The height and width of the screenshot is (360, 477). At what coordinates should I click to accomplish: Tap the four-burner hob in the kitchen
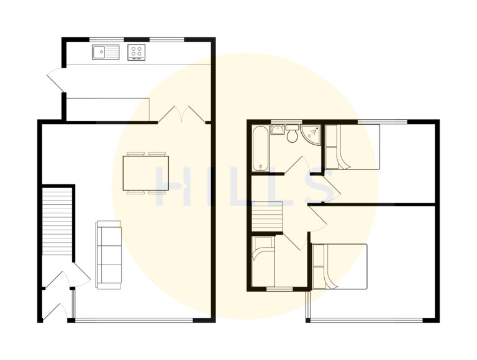[x=137, y=53]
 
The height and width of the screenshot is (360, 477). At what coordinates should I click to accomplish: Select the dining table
[x=146, y=173]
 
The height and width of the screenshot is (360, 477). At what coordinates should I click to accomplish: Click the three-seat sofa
[x=109, y=254]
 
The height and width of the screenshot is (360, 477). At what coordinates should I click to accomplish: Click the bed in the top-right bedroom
[x=352, y=147]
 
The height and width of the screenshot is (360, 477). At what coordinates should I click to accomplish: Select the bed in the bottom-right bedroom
[x=340, y=266]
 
